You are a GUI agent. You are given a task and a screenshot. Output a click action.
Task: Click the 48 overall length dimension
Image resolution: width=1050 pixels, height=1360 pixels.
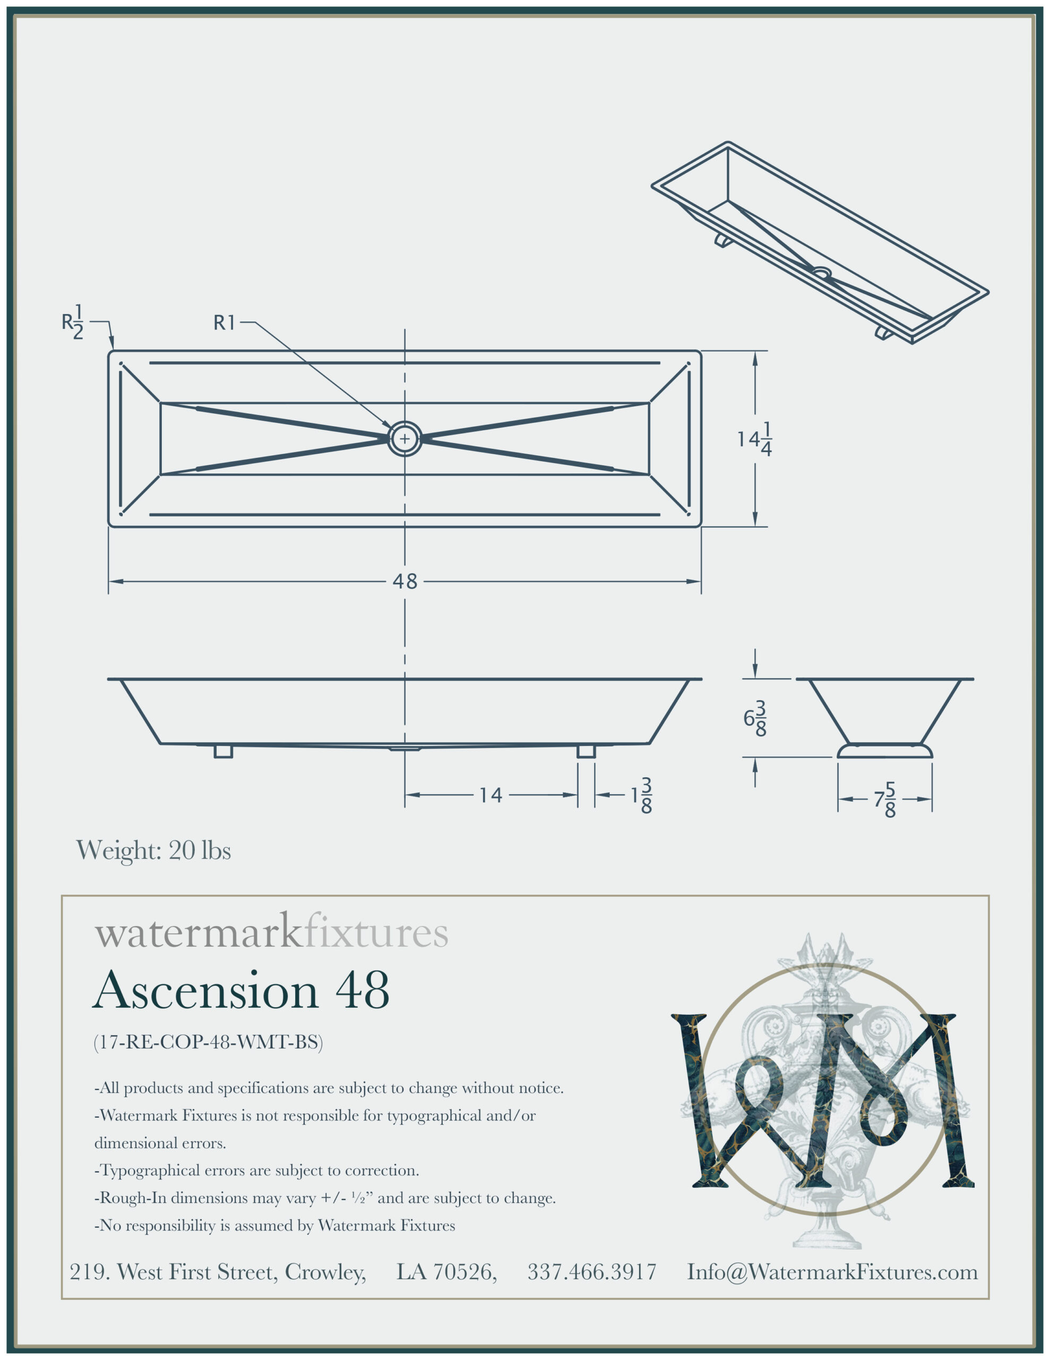(404, 582)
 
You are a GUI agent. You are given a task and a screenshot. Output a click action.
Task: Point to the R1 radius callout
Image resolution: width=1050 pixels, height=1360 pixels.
(224, 322)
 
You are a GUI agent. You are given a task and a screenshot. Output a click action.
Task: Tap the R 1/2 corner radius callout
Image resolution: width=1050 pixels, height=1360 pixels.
(73, 322)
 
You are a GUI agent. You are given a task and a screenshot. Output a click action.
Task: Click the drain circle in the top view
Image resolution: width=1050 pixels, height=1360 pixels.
(404, 438)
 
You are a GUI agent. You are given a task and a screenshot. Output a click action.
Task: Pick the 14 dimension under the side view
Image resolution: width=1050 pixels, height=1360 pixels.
(490, 795)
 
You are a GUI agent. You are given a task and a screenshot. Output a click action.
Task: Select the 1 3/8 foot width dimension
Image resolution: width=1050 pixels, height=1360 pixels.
(642, 795)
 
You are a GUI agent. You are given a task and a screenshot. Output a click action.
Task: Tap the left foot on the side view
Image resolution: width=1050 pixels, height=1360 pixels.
(223, 751)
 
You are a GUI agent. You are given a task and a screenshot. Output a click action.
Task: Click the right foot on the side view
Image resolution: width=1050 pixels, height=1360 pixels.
(586, 751)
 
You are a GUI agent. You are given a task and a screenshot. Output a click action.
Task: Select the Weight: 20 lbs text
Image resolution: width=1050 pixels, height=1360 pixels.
(153, 850)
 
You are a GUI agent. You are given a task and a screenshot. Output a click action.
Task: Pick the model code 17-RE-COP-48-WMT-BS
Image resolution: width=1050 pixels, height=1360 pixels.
(208, 1042)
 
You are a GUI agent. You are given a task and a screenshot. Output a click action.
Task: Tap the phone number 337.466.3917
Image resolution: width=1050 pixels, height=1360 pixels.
(592, 1272)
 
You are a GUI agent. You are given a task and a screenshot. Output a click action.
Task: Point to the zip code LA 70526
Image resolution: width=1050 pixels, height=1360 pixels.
(446, 1272)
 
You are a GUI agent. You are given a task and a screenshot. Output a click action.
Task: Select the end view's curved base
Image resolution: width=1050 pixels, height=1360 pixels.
(884, 750)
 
